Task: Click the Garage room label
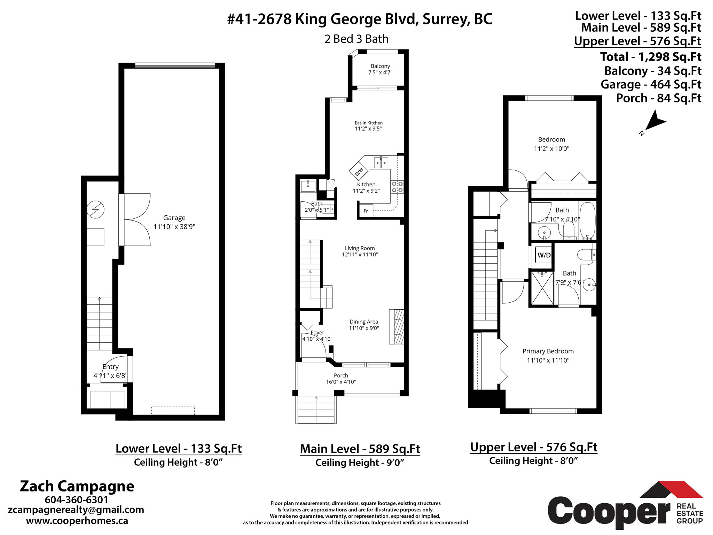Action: pos(174,218)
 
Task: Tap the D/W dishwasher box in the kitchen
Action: pos(359,171)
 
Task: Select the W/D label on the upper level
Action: pos(544,255)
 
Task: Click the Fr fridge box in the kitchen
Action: pos(366,211)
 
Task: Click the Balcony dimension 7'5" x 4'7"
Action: pos(380,72)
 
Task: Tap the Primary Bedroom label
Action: pos(548,351)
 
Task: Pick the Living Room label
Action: pos(360,248)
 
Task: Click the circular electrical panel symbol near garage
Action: pos(95,210)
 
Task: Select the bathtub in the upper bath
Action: pos(588,220)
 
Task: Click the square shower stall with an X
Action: pos(542,288)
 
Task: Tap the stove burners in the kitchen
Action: pos(397,187)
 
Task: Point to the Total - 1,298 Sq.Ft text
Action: pos(650,57)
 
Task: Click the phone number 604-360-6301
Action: pos(76,500)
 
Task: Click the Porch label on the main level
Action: pos(340,375)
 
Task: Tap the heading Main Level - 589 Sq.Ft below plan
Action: pos(360,449)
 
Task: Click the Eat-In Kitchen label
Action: pos(368,123)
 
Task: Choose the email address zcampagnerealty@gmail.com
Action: pos(76,510)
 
